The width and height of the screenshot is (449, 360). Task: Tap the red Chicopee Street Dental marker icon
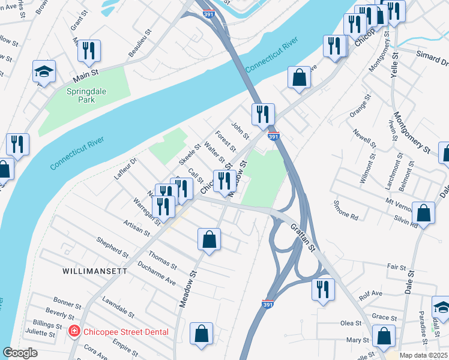click(74, 331)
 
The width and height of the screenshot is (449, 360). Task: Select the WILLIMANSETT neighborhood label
click(95, 271)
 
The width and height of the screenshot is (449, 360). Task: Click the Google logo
click(20, 353)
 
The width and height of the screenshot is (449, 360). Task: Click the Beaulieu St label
click(139, 46)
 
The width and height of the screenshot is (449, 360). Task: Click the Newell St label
click(364, 138)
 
